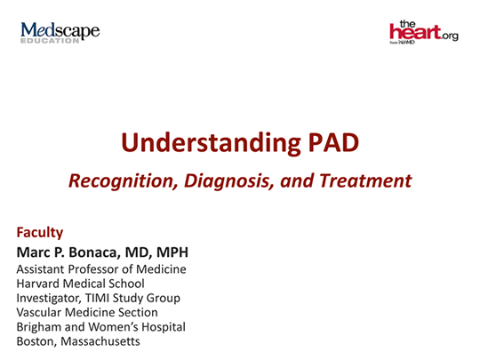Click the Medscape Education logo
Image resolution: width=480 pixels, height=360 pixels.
click(x=60, y=34)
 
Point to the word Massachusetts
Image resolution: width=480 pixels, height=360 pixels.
click(x=101, y=340)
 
